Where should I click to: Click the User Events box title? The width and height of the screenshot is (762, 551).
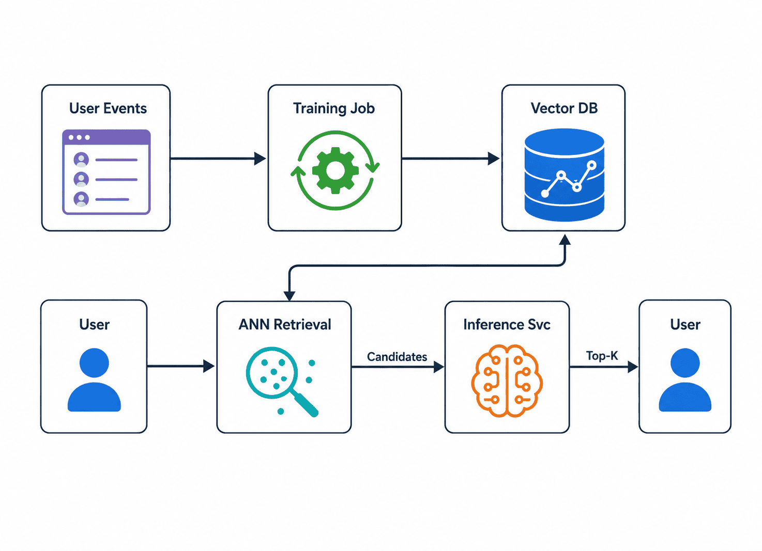pos(108,108)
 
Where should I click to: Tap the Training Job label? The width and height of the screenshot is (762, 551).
pos(334,109)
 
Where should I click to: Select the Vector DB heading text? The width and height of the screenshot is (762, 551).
pos(564,108)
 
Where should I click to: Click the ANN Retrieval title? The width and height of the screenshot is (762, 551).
pos(285,324)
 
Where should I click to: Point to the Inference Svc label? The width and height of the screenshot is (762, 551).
pos(507,324)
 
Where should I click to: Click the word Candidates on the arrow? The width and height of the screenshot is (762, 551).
pos(397,356)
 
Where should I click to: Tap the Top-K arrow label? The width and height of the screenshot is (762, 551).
pos(602,356)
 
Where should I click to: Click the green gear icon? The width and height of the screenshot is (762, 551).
pos(336,170)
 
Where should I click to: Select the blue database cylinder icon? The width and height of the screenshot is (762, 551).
pos(565,175)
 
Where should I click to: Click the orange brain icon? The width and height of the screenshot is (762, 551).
pos(507,381)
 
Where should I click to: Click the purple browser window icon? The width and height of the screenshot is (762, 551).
pos(106,172)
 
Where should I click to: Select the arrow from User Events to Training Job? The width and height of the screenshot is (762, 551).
pos(218,159)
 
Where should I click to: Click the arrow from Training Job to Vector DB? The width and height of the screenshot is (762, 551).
pos(450,159)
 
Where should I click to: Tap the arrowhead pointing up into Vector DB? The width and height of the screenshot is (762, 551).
pos(565,240)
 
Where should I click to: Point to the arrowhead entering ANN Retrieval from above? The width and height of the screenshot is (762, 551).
pos(289,296)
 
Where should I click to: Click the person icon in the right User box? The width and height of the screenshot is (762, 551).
pos(685,380)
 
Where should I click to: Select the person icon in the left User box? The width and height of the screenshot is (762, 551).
pos(94,380)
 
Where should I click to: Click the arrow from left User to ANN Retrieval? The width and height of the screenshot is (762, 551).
pos(181,366)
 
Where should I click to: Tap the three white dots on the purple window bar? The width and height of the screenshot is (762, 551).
pos(79,137)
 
